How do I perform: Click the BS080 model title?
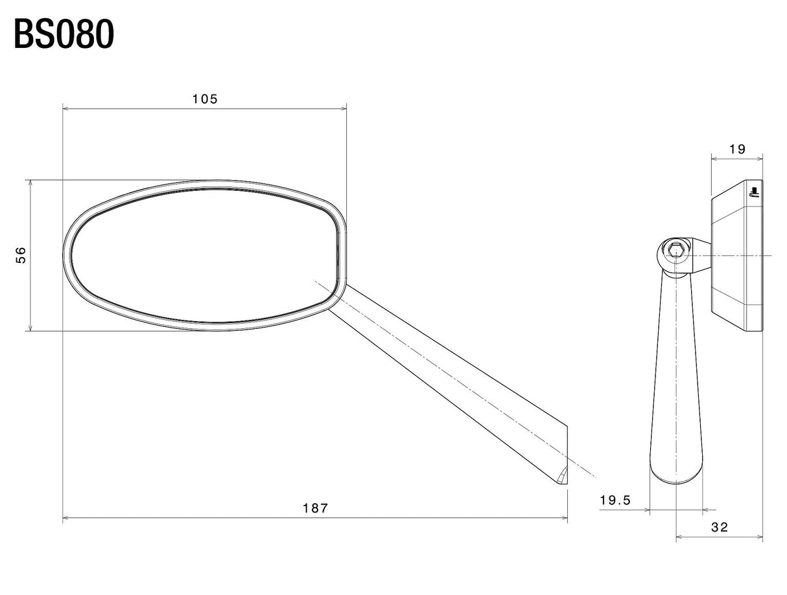[x=64, y=34]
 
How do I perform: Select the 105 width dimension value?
[x=205, y=99]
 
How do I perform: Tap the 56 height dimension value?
[x=21, y=255]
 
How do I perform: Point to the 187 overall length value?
[x=315, y=508]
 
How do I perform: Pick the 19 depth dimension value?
[x=737, y=149]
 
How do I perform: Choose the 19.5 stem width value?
[x=615, y=500]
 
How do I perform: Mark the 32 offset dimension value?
[x=719, y=527]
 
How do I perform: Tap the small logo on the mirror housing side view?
[x=754, y=192]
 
